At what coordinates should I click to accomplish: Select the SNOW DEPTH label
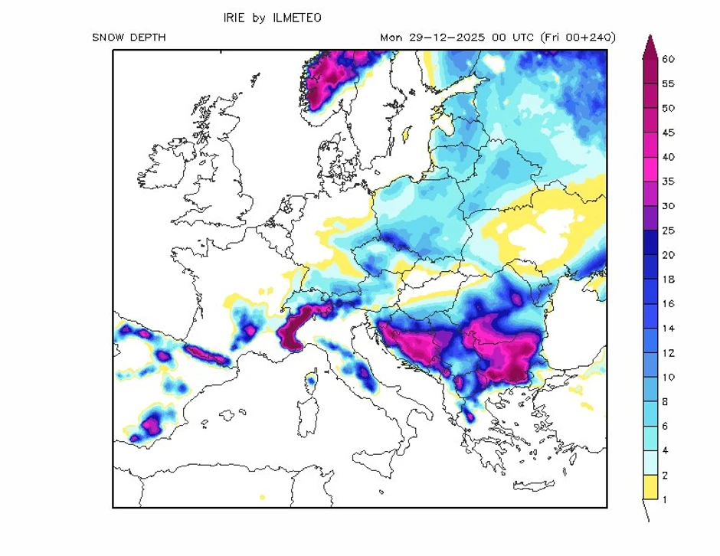(129, 38)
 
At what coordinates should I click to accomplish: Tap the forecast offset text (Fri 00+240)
(578, 38)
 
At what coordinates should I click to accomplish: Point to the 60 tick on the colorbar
(668, 59)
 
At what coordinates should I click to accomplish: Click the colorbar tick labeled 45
(668, 132)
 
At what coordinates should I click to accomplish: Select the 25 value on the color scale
(668, 231)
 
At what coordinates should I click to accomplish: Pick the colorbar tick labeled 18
(668, 280)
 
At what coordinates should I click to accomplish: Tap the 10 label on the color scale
(668, 378)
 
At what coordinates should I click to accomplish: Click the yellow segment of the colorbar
(649, 487)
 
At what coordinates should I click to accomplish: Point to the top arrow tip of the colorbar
(649, 37)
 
